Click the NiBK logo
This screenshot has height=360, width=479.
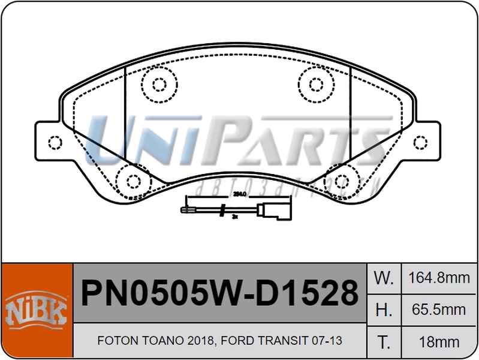[x=37, y=311]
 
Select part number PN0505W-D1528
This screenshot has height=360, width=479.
[x=219, y=293]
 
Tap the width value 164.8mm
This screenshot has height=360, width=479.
[x=438, y=278]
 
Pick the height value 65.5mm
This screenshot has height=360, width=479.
[x=438, y=310]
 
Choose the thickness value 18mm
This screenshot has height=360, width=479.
[x=438, y=342]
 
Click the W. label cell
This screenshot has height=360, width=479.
[x=384, y=278]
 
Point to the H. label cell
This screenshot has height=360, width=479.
[x=384, y=310]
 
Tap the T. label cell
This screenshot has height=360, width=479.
[x=384, y=342]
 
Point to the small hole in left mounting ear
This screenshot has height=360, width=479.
[x=55, y=143]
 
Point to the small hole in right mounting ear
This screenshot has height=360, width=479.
[x=422, y=143]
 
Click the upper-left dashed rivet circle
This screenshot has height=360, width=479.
[x=159, y=83]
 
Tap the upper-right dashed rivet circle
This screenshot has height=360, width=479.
[x=315, y=83]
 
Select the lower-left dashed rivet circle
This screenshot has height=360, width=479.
[x=132, y=181]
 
